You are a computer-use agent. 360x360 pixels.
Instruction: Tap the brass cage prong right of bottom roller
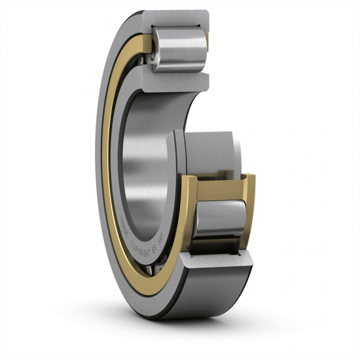click(x=251, y=209)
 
